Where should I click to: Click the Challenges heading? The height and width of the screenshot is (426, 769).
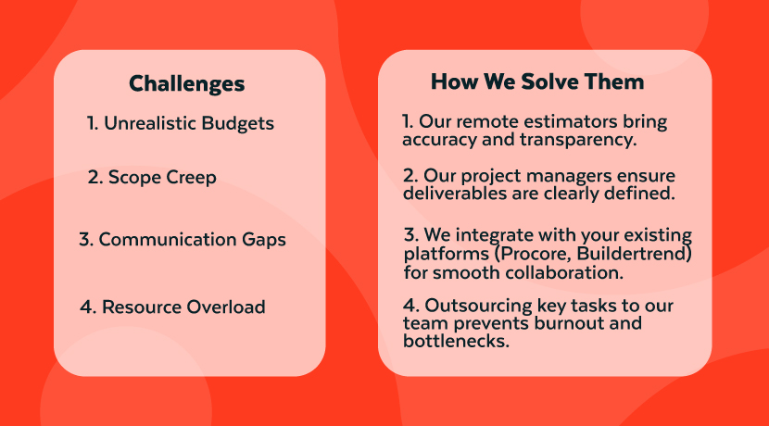point(187,84)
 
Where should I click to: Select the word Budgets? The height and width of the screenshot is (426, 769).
point(238,123)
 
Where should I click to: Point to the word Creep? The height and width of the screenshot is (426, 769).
point(194,178)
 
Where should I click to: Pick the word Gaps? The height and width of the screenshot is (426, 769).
point(264,240)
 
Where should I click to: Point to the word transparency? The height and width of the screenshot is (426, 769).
point(578,140)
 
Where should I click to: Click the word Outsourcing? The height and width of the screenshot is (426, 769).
point(478,306)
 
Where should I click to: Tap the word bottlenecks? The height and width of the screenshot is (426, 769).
point(456,341)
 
